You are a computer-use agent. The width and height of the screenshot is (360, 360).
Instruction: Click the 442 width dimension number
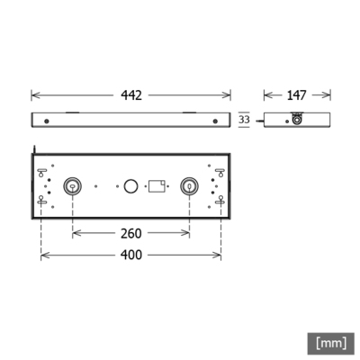tap(131, 94)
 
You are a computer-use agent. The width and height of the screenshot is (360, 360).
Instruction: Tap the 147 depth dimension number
tap(297, 94)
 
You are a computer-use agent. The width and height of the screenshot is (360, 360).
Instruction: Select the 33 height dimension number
tap(244, 119)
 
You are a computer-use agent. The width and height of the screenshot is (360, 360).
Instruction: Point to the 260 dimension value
tap(131, 233)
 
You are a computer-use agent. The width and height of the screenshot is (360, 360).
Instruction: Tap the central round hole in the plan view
tap(130, 185)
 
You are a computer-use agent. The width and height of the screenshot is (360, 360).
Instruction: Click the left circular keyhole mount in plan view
tap(72, 185)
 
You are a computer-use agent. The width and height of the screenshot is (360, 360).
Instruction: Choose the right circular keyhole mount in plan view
tap(189, 185)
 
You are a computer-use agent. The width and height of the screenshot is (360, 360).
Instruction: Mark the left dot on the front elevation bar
tap(47, 120)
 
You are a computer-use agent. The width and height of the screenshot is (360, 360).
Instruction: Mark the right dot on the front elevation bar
tap(215, 120)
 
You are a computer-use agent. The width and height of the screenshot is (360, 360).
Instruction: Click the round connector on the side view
tap(296, 120)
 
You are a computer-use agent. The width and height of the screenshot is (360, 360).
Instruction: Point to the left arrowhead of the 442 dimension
tap(34, 94)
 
